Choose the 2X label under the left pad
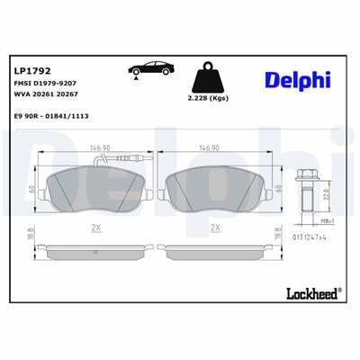click(95, 229)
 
